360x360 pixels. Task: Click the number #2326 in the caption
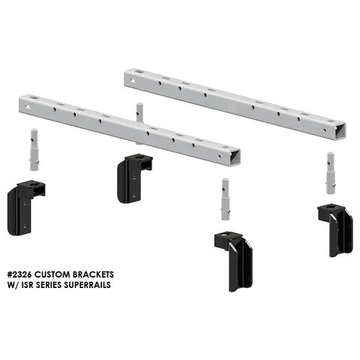pos(19,274)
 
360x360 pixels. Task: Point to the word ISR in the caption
pos(27,285)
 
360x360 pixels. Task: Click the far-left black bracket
pos(26,207)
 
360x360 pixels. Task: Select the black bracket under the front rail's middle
pos(134,178)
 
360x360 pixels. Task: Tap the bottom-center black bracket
pos(234,261)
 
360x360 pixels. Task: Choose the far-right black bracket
pos(336,229)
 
